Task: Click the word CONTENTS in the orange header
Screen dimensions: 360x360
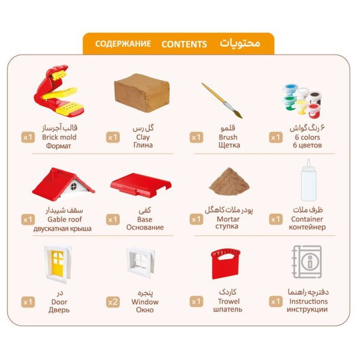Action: coord(184,44)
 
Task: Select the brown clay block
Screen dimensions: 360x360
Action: coord(142,93)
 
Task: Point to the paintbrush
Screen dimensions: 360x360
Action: coord(222,101)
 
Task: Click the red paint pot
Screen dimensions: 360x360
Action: coord(313,110)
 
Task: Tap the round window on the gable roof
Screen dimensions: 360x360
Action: coord(74,186)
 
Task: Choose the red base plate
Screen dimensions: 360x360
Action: coord(141,185)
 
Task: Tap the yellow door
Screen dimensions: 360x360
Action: coord(58,264)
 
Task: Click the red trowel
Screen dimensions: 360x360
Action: coord(225,264)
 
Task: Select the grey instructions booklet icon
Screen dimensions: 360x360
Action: coord(307,262)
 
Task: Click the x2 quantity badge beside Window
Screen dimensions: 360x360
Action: coord(113,302)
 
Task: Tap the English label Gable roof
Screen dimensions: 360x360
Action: coord(65,219)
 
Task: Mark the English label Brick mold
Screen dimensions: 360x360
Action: coord(59,137)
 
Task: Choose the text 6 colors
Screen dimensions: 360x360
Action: coord(307,137)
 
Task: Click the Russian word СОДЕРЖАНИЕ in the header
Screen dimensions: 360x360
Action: coord(123,44)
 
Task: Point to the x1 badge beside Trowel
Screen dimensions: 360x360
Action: coord(196,301)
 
